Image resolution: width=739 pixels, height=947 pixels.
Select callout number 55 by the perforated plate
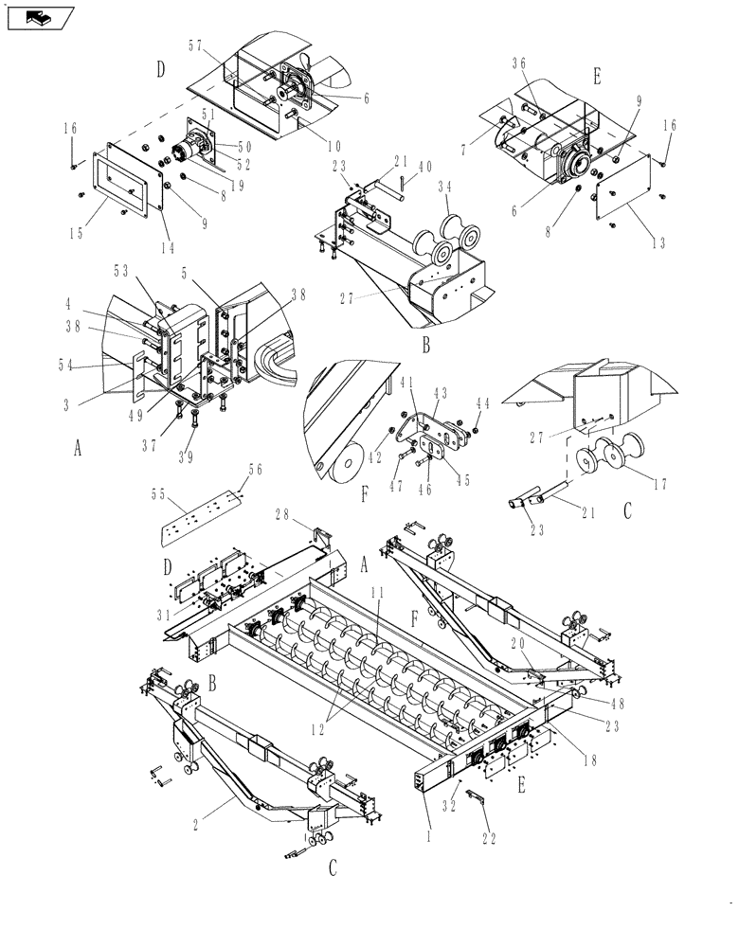(158, 494)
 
